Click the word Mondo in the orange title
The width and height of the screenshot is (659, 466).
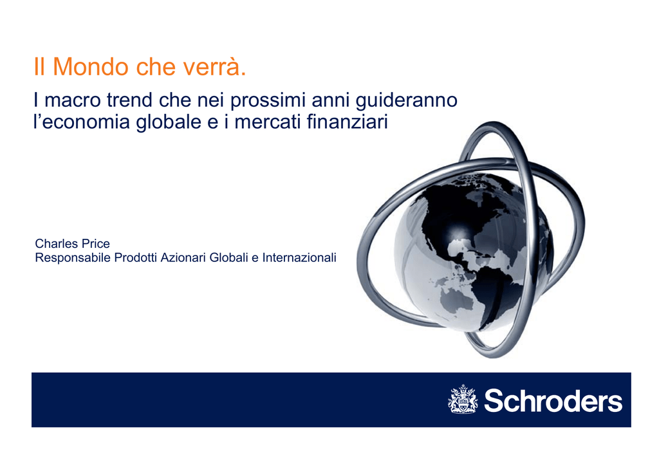tap(90, 66)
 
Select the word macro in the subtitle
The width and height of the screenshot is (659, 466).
tap(73, 100)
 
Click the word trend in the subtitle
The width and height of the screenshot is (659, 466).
tap(129, 100)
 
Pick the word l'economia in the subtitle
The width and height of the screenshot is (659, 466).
tap(82, 122)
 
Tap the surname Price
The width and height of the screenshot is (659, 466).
tap(96, 244)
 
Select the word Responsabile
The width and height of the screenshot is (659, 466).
tap(73, 258)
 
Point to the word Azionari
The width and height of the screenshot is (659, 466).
tap(183, 257)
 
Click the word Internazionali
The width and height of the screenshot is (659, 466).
tap(299, 257)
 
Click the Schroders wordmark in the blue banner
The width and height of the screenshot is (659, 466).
tap(553, 401)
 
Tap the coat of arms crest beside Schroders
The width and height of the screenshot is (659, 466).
tap(463, 399)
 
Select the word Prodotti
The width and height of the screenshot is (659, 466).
tap(136, 257)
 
